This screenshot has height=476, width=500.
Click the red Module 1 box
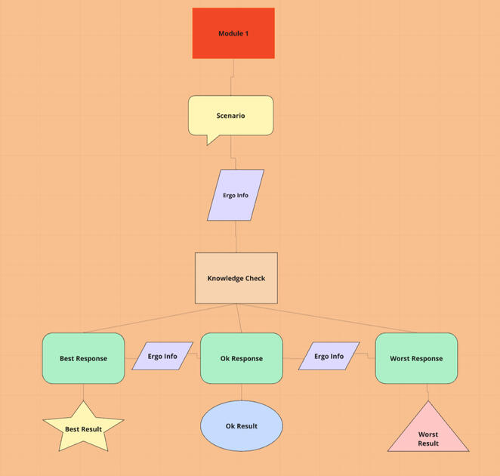233,33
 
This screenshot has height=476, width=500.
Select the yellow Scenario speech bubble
230,116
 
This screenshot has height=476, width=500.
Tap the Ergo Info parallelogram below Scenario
236,195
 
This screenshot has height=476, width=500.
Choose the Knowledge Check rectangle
236,278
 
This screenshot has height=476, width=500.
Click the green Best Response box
83,358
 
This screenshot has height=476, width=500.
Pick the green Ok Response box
242,358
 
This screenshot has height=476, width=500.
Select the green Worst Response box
416,358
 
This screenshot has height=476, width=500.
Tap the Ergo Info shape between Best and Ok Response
162,356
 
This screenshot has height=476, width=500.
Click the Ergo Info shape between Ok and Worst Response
329,356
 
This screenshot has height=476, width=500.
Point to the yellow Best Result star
83,428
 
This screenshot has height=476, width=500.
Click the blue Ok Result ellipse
242,426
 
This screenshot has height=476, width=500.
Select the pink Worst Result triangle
428,434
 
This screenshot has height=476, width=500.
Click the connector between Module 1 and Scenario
233,76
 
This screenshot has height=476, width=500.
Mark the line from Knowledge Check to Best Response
159,318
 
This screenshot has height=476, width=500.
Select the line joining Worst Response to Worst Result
428,392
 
